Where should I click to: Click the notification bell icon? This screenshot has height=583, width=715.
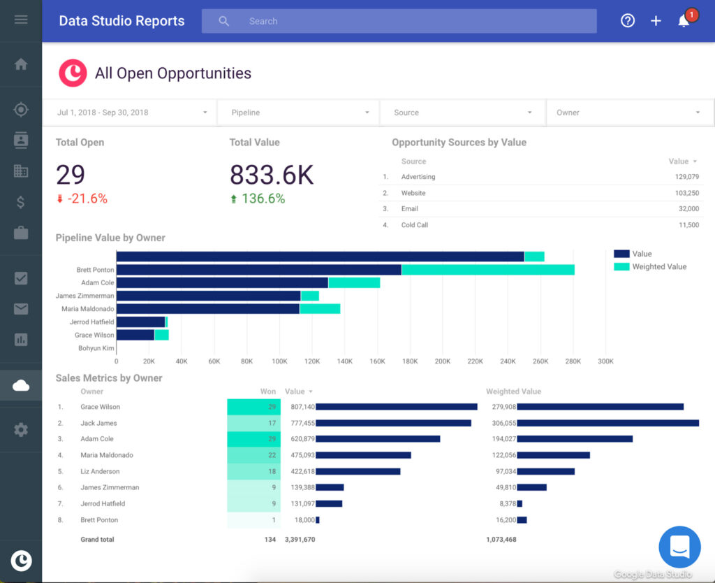[x=684, y=21]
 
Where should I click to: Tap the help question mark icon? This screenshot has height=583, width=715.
[x=628, y=21]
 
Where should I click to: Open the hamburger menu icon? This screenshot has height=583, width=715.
[x=21, y=20]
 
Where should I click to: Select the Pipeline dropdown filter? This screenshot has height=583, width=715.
[x=298, y=113]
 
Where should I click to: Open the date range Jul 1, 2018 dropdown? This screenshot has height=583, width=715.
[x=129, y=113]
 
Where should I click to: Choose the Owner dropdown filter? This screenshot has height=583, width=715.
[x=629, y=113]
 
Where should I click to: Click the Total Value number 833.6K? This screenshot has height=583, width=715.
[x=272, y=175]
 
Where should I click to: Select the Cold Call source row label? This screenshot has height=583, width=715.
[x=414, y=225]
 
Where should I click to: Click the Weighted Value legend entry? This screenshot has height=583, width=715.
[x=658, y=266]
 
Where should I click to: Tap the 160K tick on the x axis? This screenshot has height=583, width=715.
[x=377, y=361]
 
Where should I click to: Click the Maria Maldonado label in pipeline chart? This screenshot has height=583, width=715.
[x=87, y=309]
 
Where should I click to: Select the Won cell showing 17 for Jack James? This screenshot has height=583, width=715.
[x=254, y=423]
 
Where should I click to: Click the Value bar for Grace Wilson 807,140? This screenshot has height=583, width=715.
[x=396, y=407]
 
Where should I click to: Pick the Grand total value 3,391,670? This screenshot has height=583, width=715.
[x=300, y=540]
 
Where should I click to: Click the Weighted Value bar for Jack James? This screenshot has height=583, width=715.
[x=607, y=423]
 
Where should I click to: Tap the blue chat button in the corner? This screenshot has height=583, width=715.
[x=679, y=547]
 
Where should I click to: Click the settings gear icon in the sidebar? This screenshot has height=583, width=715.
[x=21, y=430]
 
